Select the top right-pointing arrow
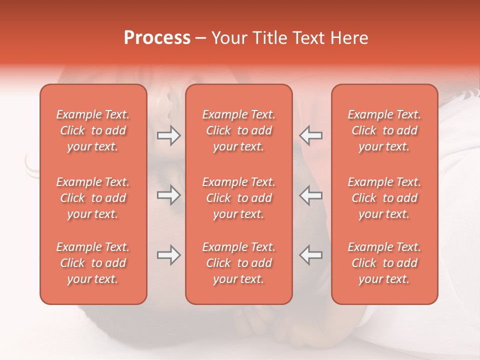point(169,135)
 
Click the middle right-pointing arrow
point(169,195)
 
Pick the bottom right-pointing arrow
point(169,255)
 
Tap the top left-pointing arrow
point(310,135)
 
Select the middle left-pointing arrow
point(310,195)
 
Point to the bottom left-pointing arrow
point(310,255)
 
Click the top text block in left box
point(93,130)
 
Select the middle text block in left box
point(93,198)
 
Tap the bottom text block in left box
point(93,263)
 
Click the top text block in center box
point(239,130)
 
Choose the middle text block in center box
point(239,198)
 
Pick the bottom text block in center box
point(239,263)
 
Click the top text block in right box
point(384,130)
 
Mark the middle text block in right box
point(384,198)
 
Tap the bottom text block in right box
point(384,263)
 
